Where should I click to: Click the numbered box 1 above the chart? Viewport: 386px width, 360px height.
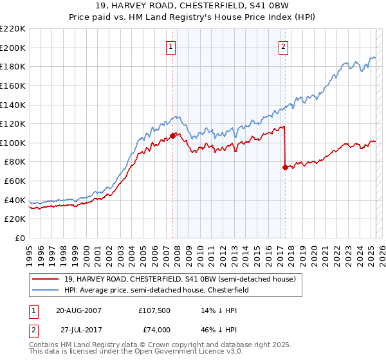[x=172, y=46]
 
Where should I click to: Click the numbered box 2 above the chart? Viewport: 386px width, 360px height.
[x=284, y=46]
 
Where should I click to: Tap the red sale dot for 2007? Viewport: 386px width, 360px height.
[x=172, y=136]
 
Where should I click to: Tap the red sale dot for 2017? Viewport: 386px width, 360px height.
[x=285, y=168]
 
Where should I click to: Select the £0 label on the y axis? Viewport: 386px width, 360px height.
[x=20, y=239]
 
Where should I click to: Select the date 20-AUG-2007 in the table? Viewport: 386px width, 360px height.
[x=78, y=310]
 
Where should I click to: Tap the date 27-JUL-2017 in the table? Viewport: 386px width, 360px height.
[x=79, y=330]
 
